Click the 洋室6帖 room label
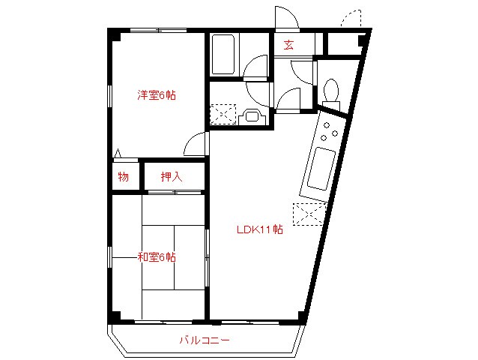click(x=156, y=95)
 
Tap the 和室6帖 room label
click(x=156, y=257)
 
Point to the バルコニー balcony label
click(x=204, y=340)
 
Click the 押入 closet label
click(x=172, y=177)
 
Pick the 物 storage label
click(x=123, y=177)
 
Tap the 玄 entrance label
click(x=288, y=45)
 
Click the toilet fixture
click(x=330, y=91)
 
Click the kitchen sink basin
click(x=319, y=169)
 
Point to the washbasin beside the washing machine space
click(x=252, y=116)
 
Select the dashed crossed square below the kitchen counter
click(x=309, y=214)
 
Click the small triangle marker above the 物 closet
click(x=118, y=156)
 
